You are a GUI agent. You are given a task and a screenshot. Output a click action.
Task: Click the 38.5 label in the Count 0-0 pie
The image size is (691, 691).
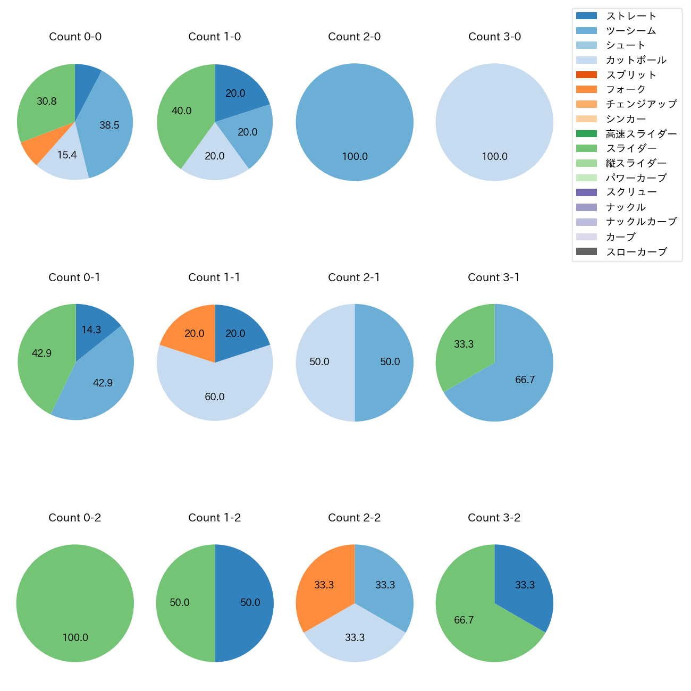tap(109, 125)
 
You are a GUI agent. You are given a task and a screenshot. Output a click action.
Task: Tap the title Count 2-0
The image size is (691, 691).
tap(355, 37)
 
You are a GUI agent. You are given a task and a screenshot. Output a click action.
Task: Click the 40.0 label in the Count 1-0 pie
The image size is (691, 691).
tap(182, 111)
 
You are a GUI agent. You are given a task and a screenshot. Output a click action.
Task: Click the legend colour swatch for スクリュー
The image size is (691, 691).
tap(586, 192)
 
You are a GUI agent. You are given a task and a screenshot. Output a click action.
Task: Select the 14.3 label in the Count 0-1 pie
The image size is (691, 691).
tap(91, 330)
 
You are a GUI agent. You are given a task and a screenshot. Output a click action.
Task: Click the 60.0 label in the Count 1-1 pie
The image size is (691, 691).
tap(215, 397)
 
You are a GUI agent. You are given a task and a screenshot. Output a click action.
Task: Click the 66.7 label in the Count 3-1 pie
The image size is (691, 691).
tap(525, 380)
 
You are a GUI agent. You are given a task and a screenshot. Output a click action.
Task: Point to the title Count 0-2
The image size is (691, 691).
tap(75, 518)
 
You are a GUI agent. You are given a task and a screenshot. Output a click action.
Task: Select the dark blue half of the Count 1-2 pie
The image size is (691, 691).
tap(245, 603)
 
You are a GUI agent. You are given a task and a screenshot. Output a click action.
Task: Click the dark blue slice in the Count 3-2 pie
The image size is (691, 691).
tap(524, 582)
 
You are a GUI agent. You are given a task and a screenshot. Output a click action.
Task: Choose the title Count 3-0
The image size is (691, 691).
tap(494, 37)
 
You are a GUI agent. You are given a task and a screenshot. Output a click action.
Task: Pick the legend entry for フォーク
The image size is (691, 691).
tap(626, 89)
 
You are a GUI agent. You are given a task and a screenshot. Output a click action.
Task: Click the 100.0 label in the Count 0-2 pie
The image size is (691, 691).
tap(75, 638)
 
